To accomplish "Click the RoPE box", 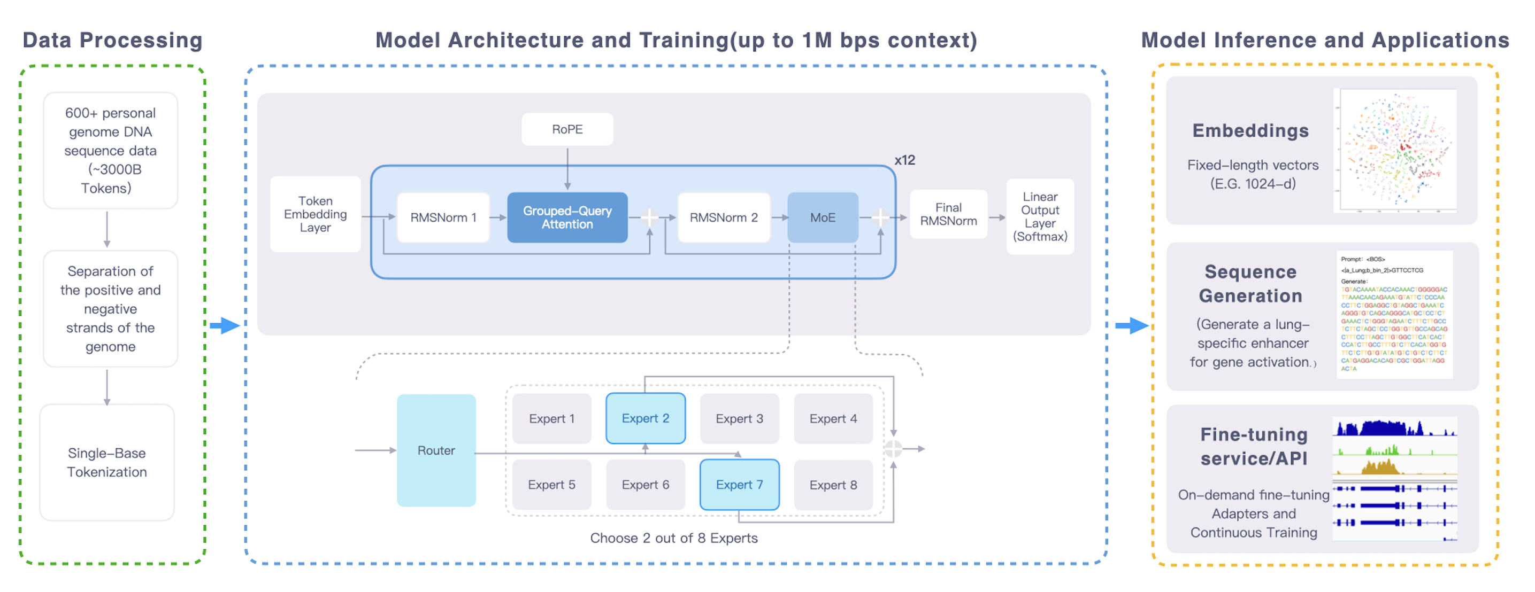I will point(567,129).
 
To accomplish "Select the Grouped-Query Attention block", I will point(567,217).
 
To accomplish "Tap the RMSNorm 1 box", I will point(443,217).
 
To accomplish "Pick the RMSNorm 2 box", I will point(724,217).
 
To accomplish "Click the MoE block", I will point(823,217).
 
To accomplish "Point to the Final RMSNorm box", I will point(948,214).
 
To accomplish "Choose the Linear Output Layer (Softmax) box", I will point(1040,216).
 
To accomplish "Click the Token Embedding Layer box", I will point(315,214).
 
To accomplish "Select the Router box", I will point(436,450).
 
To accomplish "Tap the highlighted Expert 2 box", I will point(646,418).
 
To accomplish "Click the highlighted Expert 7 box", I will point(739,484).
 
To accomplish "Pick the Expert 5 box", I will point(551,484).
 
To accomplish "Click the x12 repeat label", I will point(904,160).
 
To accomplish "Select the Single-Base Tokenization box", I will point(106,462).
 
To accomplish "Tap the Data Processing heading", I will point(113,40).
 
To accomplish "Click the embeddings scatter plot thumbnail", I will point(1394,150).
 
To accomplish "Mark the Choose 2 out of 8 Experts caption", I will point(673,538).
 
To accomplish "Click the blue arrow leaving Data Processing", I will point(225,325).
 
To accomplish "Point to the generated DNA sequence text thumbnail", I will point(1394,315).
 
